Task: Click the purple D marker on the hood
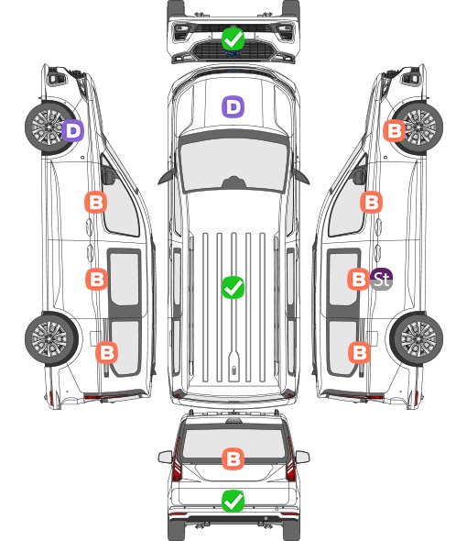[x=233, y=106]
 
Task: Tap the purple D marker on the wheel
[x=72, y=130]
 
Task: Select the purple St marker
[x=382, y=279]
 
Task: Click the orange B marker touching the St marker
[x=358, y=279]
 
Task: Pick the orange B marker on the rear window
[x=233, y=458]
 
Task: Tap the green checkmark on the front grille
[x=233, y=39]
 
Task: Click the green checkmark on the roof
[x=233, y=287]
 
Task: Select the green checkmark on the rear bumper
[x=233, y=501]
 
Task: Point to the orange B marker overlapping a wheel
[x=395, y=130]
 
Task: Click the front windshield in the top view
[x=233, y=163]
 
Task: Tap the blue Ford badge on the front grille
[x=233, y=53]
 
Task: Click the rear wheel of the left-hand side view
[x=51, y=338]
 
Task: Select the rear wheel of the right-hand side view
[x=417, y=338]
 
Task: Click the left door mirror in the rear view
[x=165, y=457]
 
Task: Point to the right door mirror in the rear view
[x=302, y=457]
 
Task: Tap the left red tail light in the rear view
[x=177, y=460]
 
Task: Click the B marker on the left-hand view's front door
[x=96, y=202]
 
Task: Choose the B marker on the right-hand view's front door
[x=371, y=202]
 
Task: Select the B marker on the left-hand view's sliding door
[x=96, y=279]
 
